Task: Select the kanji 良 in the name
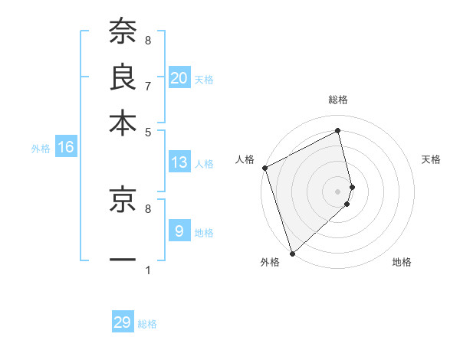point(123,77)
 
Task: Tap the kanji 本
point(123,123)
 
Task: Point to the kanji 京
point(123,201)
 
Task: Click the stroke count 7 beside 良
point(147,85)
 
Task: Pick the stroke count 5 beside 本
point(147,131)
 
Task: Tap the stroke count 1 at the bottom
point(147,270)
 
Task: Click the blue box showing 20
point(179,78)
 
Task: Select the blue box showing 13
point(179,162)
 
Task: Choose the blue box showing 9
point(179,231)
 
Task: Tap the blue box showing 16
point(65,148)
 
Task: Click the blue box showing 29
point(122,323)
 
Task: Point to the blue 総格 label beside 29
point(147,324)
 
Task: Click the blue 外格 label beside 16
point(41,149)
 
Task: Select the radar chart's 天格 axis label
point(431,159)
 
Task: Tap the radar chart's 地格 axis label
point(402,263)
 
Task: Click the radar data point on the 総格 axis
point(337,131)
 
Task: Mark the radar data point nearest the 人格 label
point(264,168)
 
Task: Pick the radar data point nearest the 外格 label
point(292,253)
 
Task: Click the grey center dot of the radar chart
point(337,191)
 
